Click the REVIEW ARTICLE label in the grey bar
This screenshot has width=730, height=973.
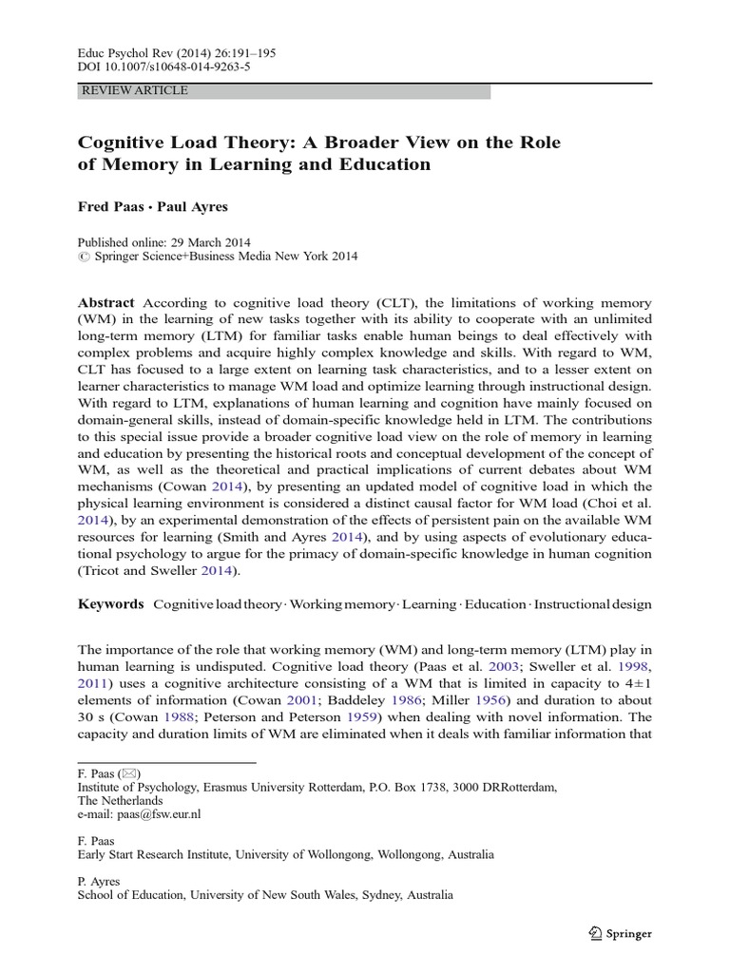[x=136, y=91]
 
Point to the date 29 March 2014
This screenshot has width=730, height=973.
[x=200, y=240]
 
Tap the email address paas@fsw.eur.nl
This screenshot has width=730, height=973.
[x=158, y=814]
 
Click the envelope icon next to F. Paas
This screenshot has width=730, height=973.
[x=129, y=773]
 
